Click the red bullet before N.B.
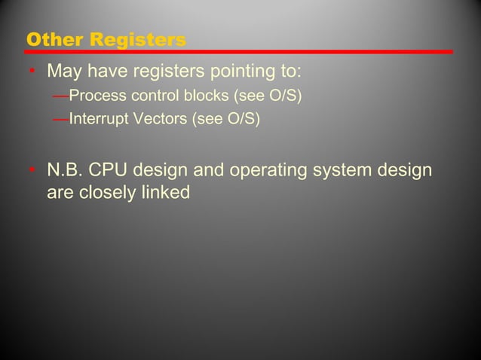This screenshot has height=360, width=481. click(32, 171)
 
